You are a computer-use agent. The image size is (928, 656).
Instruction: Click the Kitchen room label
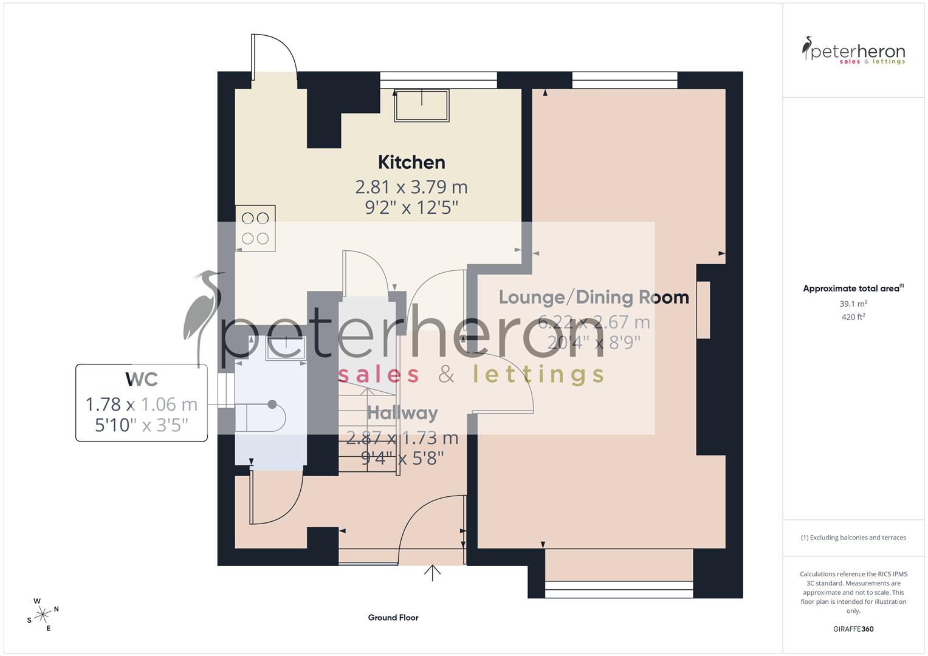(411, 162)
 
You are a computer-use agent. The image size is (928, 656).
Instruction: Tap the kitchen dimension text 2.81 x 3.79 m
(411, 186)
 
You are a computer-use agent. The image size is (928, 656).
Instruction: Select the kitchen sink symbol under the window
(422, 106)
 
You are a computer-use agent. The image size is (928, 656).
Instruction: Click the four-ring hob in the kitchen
(255, 228)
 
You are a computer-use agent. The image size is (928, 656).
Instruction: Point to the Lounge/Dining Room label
(594, 297)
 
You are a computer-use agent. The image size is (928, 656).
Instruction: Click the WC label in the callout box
(142, 379)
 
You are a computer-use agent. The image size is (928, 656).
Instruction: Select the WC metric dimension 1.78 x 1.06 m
(142, 404)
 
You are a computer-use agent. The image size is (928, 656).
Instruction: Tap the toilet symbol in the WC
(261, 417)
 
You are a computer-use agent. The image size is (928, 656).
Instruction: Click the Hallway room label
(402, 413)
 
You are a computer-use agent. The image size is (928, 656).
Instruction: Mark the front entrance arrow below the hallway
(432, 573)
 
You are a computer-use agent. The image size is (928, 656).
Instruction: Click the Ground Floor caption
(393, 618)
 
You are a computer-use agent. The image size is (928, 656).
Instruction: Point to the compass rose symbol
(43, 615)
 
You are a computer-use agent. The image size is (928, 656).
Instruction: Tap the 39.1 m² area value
(853, 304)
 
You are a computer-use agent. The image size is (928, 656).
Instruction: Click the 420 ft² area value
(853, 317)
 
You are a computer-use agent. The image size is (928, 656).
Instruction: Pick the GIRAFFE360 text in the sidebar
(853, 629)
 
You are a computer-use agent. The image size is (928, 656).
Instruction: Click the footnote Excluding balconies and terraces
(853, 538)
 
